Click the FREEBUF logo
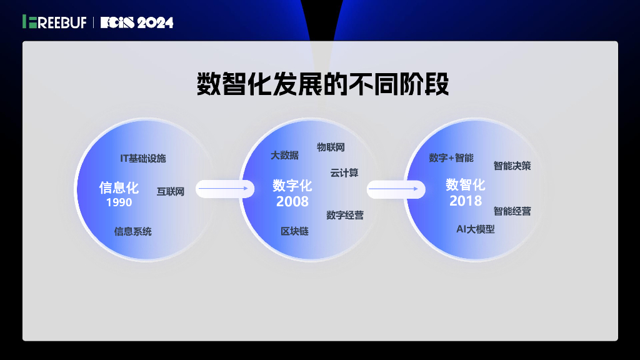(54, 22)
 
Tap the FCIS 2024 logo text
(137, 22)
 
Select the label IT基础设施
(143, 158)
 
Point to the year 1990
(119, 202)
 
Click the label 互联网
(171, 191)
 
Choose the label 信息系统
(132, 231)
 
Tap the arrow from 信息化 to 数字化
(225, 189)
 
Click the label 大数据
(284, 155)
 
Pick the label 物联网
(331, 147)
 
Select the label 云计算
(344, 172)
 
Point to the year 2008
(292, 201)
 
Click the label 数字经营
(345, 215)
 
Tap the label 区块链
(294, 231)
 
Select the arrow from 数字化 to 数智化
(396, 189)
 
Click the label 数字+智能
(451, 157)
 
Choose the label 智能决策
(512, 166)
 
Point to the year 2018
(466, 201)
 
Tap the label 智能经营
(512, 211)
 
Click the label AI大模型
(475, 229)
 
